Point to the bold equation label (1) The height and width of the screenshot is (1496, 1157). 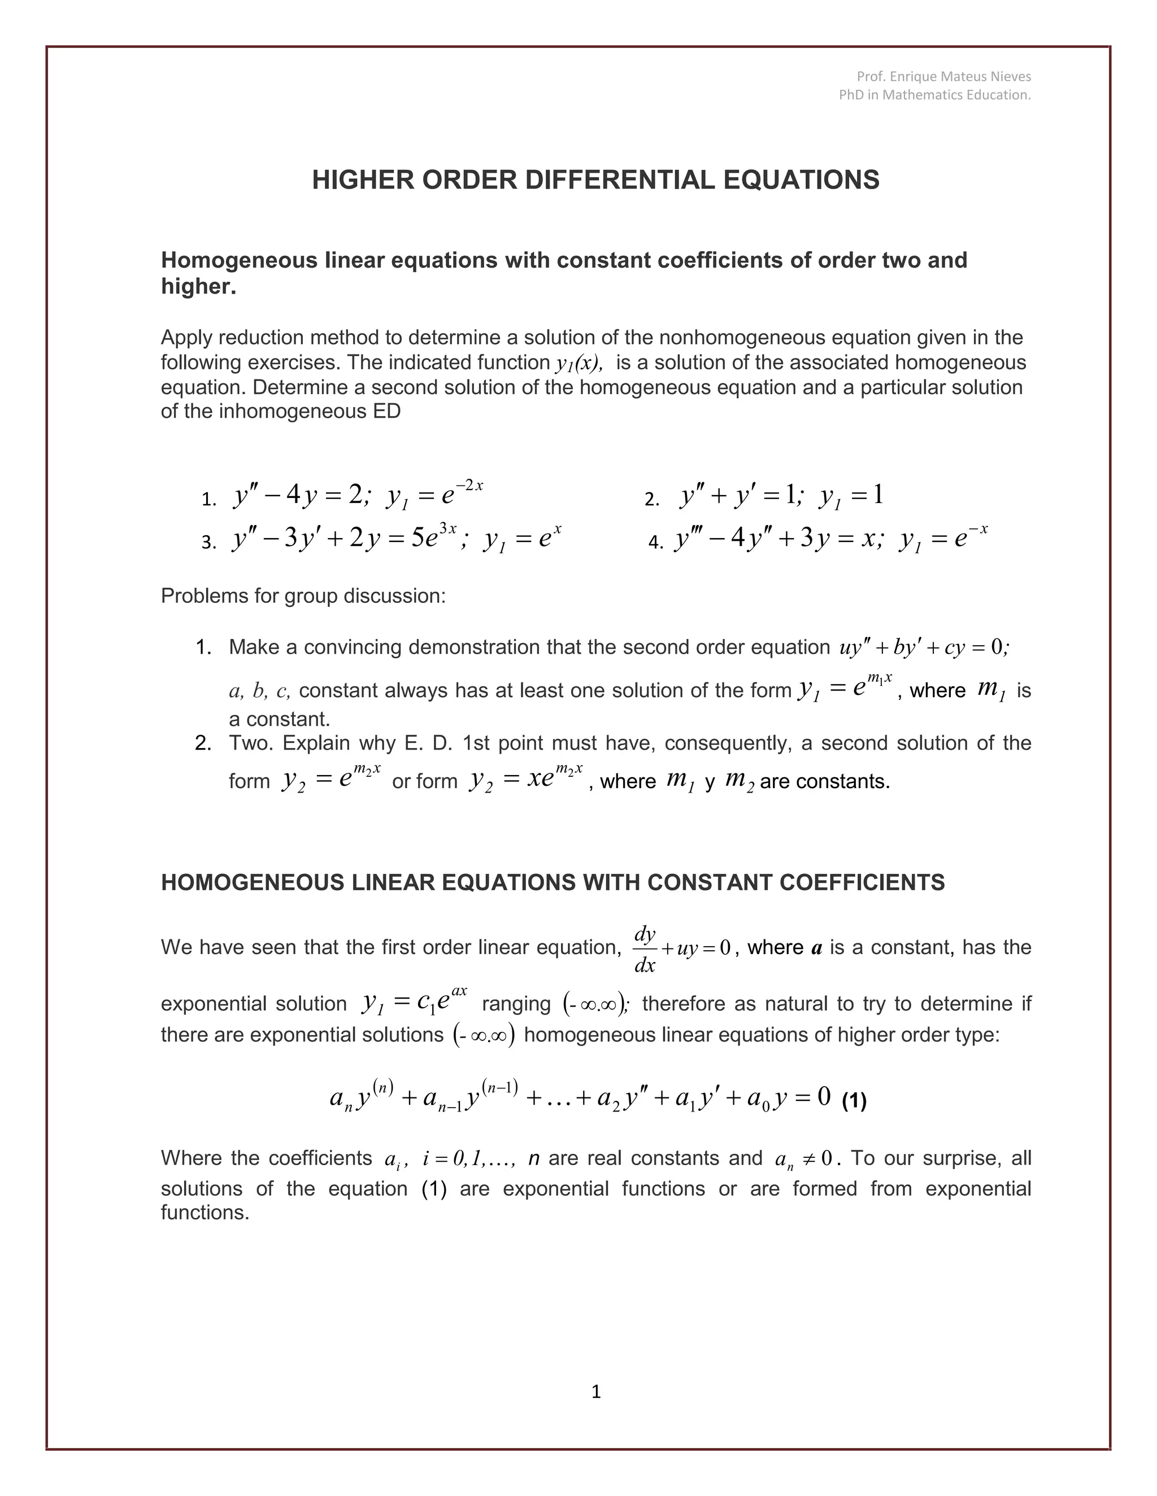[x=854, y=1101]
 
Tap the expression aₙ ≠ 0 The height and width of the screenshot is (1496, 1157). [x=803, y=1158]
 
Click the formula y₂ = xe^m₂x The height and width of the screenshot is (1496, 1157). [x=526, y=780]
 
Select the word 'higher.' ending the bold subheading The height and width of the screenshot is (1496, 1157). [x=199, y=286]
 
